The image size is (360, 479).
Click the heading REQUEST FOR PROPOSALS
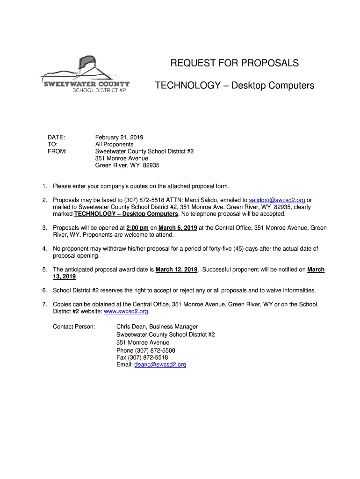pos(234,63)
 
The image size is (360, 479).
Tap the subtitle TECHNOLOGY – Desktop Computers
pos(234,86)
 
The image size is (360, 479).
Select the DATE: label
pos(56,138)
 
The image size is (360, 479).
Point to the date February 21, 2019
pos(119,138)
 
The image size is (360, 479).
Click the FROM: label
pos(57,152)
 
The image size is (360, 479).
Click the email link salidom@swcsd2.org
pos(277,200)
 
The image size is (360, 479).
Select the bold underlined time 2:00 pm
pos(137,228)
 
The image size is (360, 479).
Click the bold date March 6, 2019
pos(178,228)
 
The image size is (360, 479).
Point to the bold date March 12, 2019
pos(176,270)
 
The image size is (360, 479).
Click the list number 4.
pos(44,249)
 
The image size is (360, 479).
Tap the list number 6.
pos(44,290)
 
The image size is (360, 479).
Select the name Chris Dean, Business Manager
pos(157,327)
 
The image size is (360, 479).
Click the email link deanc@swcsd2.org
pos(160,365)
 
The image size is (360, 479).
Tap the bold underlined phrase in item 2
pos(126,214)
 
